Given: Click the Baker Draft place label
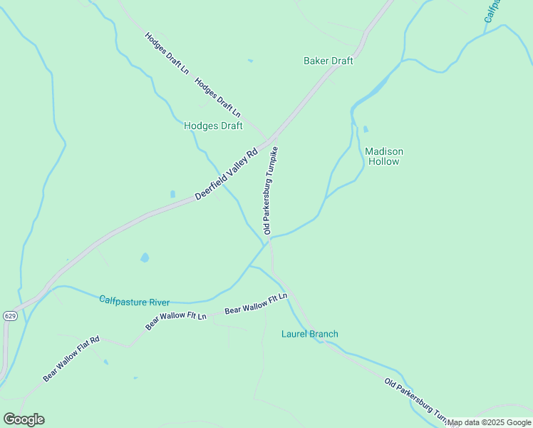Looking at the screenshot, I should (328, 61).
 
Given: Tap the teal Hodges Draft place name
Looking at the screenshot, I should (213, 126).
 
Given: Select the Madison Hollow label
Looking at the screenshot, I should (384, 156).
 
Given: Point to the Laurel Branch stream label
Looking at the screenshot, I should (309, 334).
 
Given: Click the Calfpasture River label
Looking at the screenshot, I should (134, 302).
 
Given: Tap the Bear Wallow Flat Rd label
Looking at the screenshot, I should (71, 359).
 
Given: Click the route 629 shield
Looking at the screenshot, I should (9, 315).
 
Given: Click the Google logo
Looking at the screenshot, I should (24, 419).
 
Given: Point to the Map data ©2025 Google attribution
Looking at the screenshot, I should (490, 423).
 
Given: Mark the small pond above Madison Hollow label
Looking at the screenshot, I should (366, 130).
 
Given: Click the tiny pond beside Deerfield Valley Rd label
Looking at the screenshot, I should (172, 194).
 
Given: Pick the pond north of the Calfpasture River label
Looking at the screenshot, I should (145, 258).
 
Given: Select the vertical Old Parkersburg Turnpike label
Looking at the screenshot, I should (269, 190).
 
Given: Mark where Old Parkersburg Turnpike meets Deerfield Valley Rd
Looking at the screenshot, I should (271, 140).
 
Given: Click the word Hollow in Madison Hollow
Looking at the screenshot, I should (384, 162).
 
